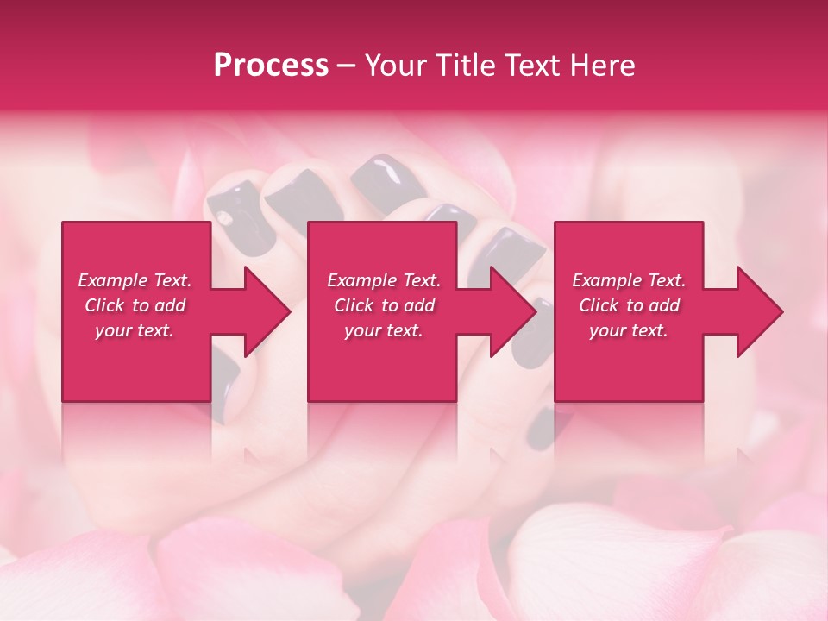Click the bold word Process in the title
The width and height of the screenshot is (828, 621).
271,66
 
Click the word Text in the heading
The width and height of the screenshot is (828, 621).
530,66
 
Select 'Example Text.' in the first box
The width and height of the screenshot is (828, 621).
135,280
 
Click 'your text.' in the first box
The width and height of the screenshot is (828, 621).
135,330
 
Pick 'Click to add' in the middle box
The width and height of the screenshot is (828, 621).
384,305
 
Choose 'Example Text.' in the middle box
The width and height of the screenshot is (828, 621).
384,280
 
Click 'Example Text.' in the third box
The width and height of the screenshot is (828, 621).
629,280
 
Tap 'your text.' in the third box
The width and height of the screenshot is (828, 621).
629,330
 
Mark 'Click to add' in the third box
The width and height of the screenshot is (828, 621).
629,305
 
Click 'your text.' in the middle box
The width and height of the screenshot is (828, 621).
384,330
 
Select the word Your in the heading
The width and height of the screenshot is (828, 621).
393,66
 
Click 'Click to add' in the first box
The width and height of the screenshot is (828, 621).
135,305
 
